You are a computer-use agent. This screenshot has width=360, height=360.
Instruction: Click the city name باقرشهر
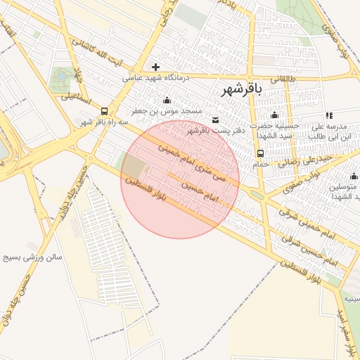click(x=241, y=89)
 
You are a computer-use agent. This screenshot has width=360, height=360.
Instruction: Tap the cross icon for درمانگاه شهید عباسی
click(x=155, y=67)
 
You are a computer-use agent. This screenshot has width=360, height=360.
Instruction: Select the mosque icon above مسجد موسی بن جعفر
click(x=167, y=100)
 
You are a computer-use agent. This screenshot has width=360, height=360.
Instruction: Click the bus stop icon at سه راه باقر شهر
click(x=105, y=110)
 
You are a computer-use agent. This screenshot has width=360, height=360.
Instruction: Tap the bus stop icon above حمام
click(x=261, y=153)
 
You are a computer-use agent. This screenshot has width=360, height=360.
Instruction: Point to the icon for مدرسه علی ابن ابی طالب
click(x=328, y=116)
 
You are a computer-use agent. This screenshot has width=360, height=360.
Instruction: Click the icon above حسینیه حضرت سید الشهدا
click(x=274, y=115)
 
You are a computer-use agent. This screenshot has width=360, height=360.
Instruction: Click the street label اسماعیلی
click(x=77, y=97)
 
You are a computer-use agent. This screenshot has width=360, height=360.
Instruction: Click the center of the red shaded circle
click(x=180, y=179)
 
